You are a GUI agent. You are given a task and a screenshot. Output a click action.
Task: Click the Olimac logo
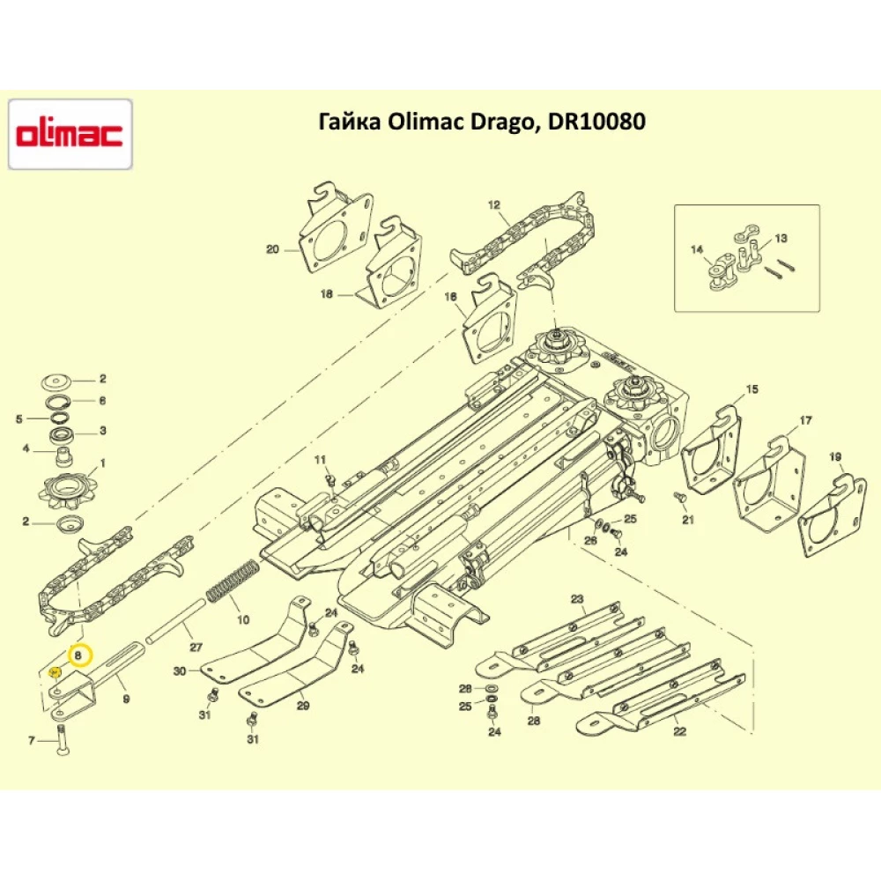point(70,134)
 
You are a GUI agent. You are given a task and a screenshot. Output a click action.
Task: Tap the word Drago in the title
point(503,122)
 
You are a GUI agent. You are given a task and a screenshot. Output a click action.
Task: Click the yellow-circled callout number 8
point(79,655)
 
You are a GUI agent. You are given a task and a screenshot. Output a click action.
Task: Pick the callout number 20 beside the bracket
point(272,249)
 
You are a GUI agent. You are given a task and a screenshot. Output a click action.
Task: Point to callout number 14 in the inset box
point(697,250)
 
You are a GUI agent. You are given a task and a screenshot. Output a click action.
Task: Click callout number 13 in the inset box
point(781,239)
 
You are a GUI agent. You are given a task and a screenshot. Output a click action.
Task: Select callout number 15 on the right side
point(751,389)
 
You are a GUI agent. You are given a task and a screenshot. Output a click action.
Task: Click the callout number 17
point(805,420)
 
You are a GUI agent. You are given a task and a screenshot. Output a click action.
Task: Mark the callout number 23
point(577,599)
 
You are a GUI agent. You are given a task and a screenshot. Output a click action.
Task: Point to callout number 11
point(320,459)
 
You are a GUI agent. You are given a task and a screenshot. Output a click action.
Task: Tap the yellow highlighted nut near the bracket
point(54,672)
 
